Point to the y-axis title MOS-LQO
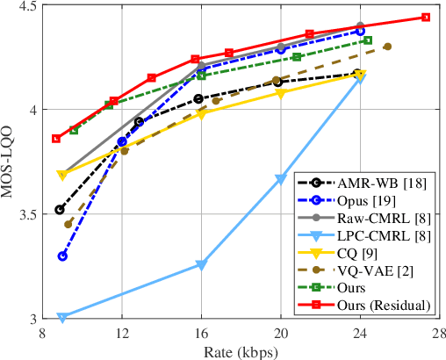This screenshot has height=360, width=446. point(11,161)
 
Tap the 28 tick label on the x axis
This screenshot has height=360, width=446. point(439,333)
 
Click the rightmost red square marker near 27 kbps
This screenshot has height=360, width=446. point(426,17)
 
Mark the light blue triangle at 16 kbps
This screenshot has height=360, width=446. point(201,264)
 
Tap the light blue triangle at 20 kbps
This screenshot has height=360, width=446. point(281,179)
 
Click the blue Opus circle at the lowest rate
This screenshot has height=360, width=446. point(62,256)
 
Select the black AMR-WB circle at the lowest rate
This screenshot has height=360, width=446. point(60,210)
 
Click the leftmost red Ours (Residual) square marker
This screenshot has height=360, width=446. point(56,138)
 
